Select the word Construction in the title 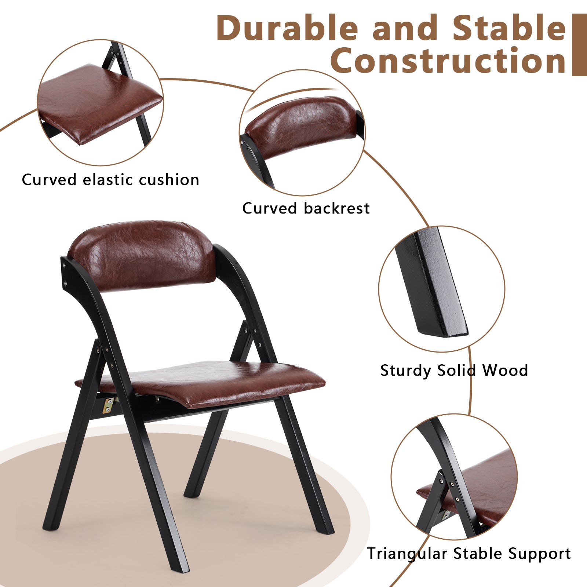tap(448, 61)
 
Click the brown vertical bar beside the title tap(579, 45)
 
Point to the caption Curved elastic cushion tap(110, 180)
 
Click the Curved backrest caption tap(306, 208)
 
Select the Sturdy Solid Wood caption tap(454, 370)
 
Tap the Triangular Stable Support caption tap(469, 554)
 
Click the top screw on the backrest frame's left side tap(64, 264)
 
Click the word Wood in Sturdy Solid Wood tap(505, 370)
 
